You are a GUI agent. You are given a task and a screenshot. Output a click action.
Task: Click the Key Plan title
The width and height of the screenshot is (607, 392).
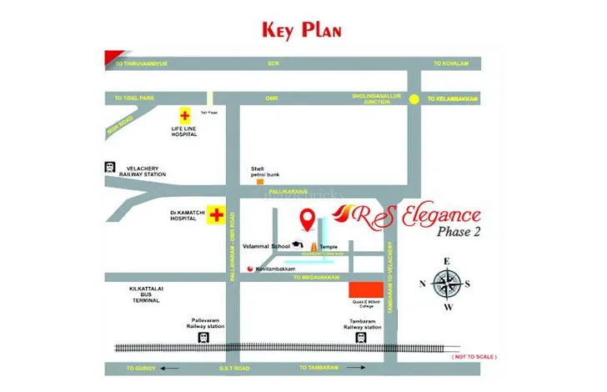pyautogui.click(x=301, y=30)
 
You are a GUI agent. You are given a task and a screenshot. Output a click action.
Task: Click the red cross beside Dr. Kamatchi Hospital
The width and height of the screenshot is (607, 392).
pyautogui.click(x=217, y=214)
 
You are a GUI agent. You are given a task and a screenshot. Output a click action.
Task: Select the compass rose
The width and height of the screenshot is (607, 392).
pyautogui.click(x=447, y=284)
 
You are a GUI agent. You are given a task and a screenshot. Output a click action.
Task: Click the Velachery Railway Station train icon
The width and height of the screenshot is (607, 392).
pyautogui.click(x=109, y=166)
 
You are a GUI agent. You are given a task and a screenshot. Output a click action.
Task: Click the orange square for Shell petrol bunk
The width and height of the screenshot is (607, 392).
pyautogui.click(x=260, y=181)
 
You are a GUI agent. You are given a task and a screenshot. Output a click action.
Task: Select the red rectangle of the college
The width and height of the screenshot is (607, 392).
pyautogui.click(x=360, y=291)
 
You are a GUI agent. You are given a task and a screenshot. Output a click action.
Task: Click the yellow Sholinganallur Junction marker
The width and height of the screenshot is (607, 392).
pyautogui.click(x=413, y=98)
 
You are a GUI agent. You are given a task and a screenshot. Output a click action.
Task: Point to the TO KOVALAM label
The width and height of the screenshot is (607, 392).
pyautogui.click(x=450, y=63)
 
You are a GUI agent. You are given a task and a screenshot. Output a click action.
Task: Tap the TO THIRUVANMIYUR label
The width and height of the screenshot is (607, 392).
pyautogui.click(x=142, y=63)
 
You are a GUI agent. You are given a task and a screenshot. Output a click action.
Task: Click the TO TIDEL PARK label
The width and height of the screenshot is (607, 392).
pyautogui.click(x=135, y=98)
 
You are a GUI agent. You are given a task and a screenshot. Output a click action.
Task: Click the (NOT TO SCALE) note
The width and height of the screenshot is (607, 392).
pyautogui.click(x=474, y=357)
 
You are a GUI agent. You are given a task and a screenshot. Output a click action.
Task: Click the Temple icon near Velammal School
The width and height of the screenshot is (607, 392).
pyautogui.click(x=314, y=247)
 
